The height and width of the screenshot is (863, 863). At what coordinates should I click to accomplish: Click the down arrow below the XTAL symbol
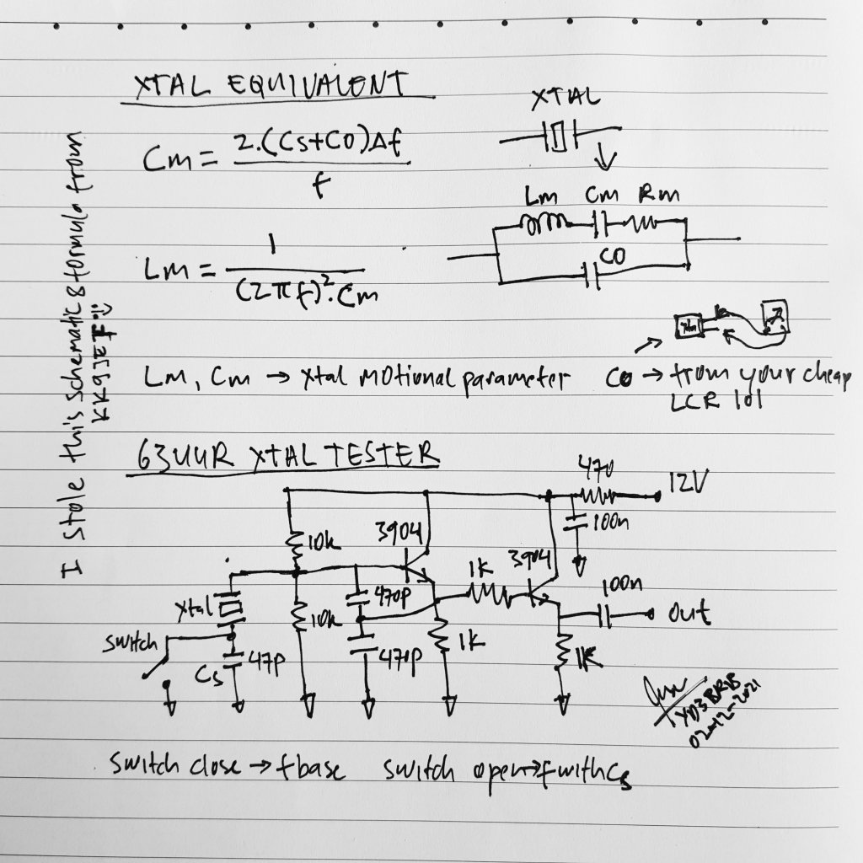click(610, 158)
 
